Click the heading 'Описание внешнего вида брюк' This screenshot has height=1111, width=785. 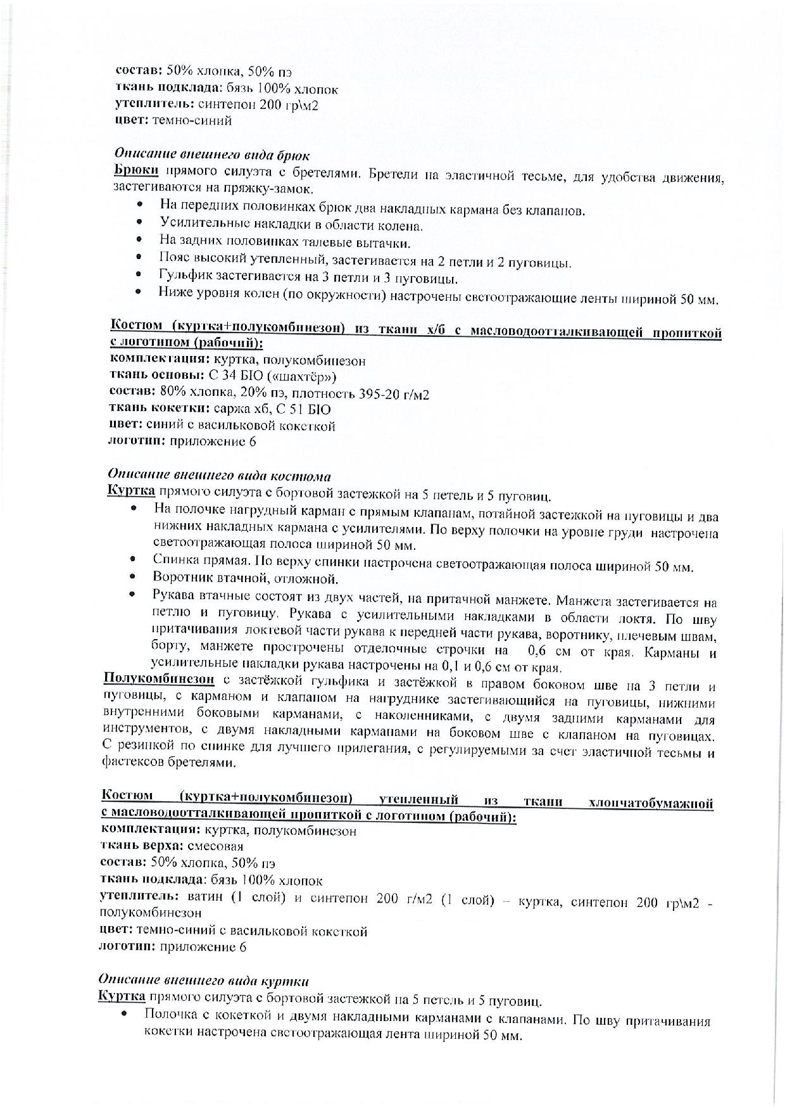coord(211,155)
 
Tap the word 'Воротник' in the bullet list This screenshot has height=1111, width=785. coord(179,578)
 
